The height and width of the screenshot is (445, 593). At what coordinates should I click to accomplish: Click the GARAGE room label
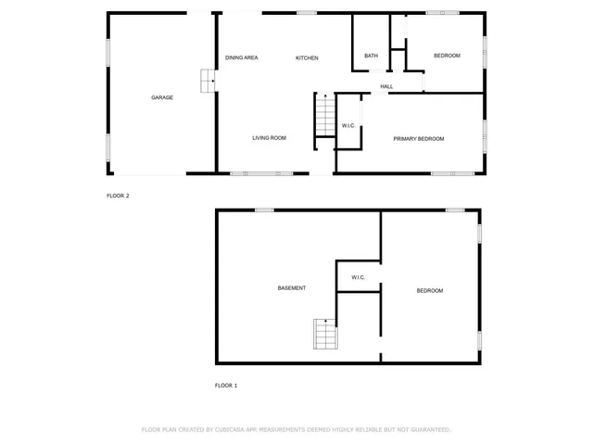click(162, 97)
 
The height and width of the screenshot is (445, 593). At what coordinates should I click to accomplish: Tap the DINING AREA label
click(241, 57)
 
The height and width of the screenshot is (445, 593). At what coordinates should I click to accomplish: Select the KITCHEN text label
click(307, 57)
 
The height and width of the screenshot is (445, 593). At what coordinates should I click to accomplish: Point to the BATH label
click(371, 56)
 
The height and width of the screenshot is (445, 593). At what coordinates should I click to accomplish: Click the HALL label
click(386, 87)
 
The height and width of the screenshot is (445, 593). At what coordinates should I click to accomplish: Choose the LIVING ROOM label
click(270, 138)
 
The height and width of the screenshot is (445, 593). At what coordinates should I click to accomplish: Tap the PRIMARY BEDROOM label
click(419, 139)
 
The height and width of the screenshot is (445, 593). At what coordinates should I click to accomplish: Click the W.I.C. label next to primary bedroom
click(348, 125)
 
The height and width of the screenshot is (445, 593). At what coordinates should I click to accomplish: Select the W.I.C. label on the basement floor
click(359, 277)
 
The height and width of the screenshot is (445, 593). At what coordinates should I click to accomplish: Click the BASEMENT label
click(292, 288)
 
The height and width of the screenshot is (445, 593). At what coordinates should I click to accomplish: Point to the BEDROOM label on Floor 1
click(429, 291)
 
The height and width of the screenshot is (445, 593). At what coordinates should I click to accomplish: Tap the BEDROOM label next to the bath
click(447, 56)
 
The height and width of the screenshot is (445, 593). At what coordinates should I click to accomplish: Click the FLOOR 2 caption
click(118, 196)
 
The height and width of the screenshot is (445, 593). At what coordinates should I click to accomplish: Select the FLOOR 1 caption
click(226, 385)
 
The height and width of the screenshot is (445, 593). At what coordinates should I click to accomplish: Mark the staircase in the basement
click(325, 334)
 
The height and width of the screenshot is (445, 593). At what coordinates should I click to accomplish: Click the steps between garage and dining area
click(208, 82)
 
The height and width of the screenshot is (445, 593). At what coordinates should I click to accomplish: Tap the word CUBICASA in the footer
click(235, 429)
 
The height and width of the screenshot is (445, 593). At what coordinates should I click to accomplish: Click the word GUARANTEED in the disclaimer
click(427, 429)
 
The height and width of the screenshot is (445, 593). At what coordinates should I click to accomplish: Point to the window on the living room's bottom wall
click(261, 173)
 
